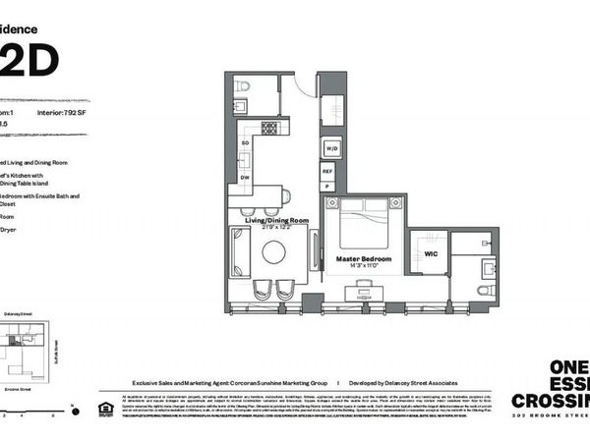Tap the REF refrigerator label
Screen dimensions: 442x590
[x=328, y=170]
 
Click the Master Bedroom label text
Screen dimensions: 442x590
[x=364, y=259]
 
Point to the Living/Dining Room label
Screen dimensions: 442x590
[x=276, y=222]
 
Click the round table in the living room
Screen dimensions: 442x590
[x=274, y=253]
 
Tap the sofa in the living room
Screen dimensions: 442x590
[x=239, y=252]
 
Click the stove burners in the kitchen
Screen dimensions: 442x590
[x=269, y=128]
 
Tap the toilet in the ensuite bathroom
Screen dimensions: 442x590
[x=482, y=290]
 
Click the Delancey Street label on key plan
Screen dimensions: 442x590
[x=19, y=313]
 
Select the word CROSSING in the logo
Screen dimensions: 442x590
[x=551, y=401]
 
